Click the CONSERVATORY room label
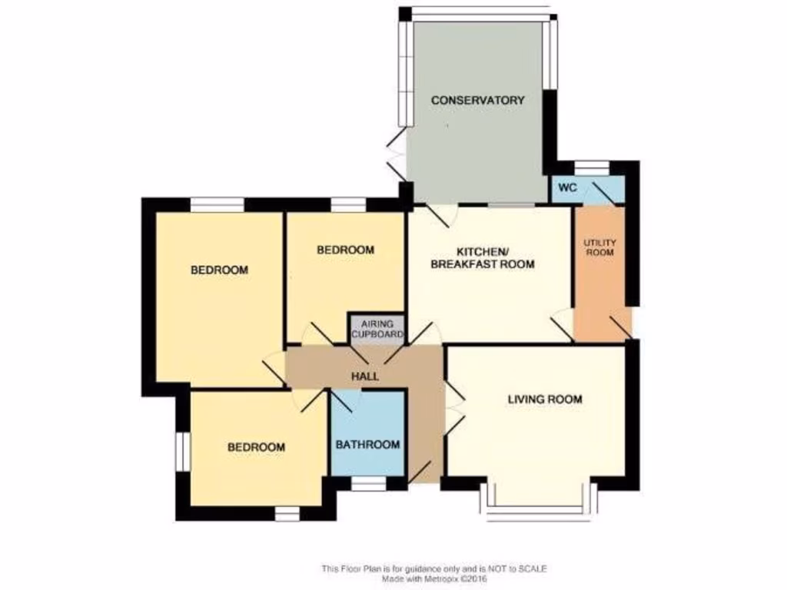[477, 100]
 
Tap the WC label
[568, 188]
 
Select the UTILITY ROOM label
[599, 247]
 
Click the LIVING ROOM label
[544, 399]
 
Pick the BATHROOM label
[367, 445]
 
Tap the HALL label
[364, 376]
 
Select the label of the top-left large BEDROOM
[219, 270]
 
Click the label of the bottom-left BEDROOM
[256, 447]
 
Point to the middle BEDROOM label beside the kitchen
[346, 250]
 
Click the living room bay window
[538, 508]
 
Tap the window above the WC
[591, 166]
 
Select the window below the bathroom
[368, 484]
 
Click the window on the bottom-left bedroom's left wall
[182, 450]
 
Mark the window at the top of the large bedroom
[217, 204]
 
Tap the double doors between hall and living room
[453, 411]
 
